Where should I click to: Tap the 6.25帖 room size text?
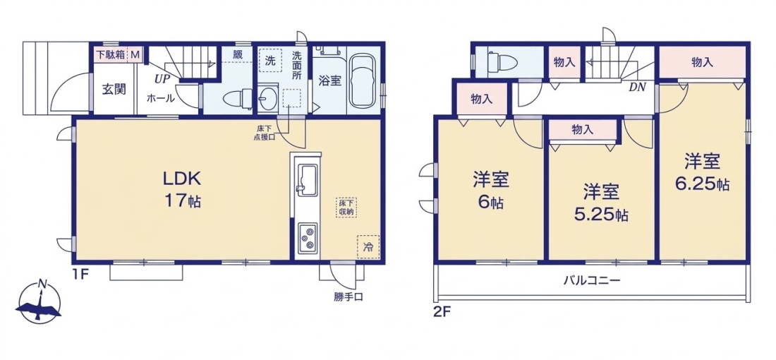(702, 185)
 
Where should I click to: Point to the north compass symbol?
(39, 302)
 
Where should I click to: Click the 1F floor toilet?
(236, 100)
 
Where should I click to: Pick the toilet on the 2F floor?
(502, 62)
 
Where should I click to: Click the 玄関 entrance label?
(114, 90)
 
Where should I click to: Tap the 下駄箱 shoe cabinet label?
(110, 54)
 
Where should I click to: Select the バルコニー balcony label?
(592, 280)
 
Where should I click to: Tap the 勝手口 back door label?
(349, 297)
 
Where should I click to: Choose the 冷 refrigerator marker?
(368, 246)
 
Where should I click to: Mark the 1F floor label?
(82, 273)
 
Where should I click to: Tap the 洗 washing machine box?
(269, 61)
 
